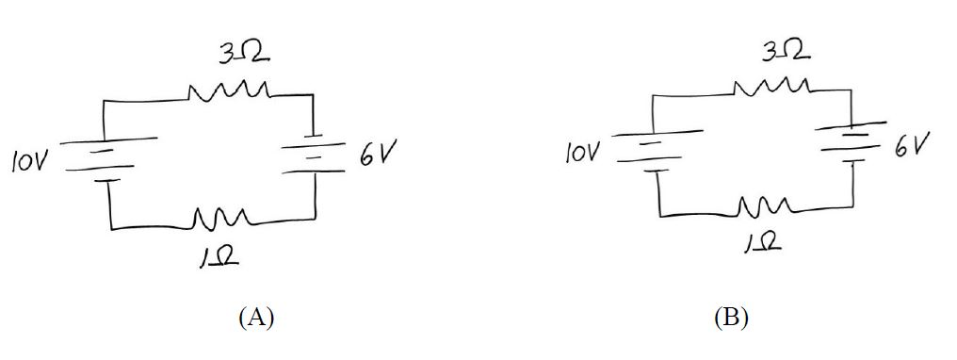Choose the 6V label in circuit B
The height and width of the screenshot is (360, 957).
(x=912, y=147)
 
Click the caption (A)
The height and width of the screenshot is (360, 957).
(x=255, y=317)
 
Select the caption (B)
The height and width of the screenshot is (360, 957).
(x=730, y=317)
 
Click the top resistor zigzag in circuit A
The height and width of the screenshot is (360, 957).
(x=230, y=92)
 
